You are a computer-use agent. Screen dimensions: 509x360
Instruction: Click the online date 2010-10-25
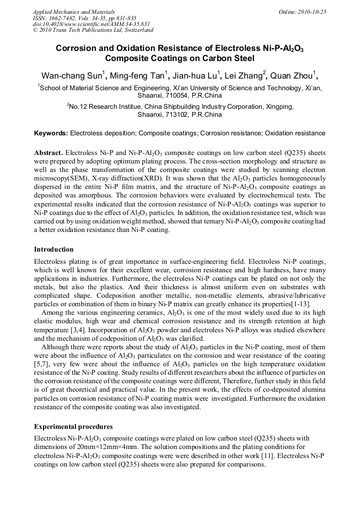pos(314,12)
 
